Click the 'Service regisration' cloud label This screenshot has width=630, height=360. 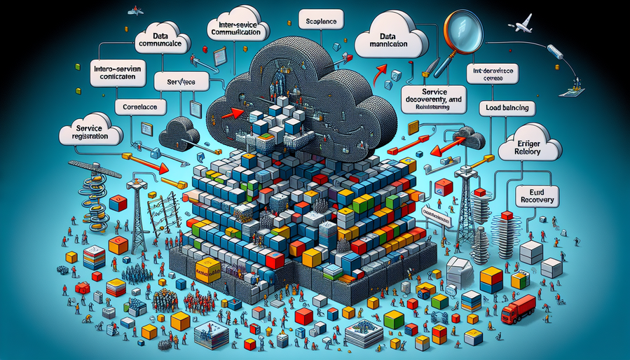click(90, 134)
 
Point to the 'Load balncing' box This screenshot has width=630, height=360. click(506, 109)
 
